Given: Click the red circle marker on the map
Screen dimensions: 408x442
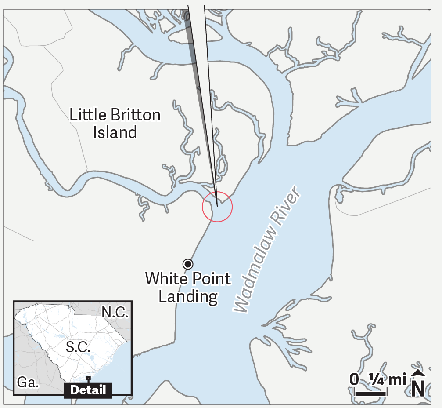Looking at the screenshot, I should [217, 207].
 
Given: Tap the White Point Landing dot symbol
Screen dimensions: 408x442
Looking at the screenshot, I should [188, 264].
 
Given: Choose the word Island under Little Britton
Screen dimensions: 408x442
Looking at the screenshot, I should [115, 132].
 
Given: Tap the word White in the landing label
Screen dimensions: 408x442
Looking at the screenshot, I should [165, 279].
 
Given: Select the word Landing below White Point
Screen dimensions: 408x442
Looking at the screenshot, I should [188, 296].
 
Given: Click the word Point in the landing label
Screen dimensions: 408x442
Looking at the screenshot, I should [209, 279].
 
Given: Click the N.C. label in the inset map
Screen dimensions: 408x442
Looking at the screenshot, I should [115, 313].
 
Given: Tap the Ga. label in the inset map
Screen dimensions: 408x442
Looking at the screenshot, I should [27, 382].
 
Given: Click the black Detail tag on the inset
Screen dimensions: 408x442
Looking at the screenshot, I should [88, 390].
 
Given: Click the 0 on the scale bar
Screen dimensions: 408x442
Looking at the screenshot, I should [354, 379].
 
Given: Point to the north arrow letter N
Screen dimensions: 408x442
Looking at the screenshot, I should [418, 388].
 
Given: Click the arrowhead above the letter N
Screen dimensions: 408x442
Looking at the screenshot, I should [418, 373].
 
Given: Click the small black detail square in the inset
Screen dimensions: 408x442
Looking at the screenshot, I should [88, 378].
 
